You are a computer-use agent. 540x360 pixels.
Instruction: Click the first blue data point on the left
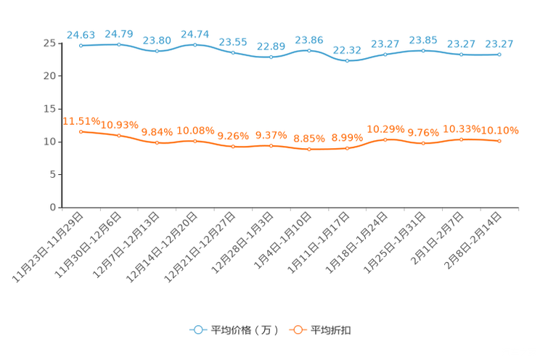[81, 46]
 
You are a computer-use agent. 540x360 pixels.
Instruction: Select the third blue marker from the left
[157, 52]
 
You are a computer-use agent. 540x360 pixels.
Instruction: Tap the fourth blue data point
[195, 45]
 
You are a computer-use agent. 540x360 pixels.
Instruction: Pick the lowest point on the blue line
[347, 61]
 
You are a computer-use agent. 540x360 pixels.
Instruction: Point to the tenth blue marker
[423, 50]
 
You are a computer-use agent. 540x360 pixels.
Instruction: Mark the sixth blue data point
[271, 57]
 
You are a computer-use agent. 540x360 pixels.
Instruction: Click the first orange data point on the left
[81, 131]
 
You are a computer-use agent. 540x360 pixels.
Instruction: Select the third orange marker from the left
[157, 143]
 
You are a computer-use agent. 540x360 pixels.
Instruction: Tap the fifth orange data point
[233, 147]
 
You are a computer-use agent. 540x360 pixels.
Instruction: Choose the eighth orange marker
[347, 149]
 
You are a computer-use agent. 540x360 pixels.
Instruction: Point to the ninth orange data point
[385, 139]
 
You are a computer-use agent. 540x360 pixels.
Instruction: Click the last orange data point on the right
[499, 142]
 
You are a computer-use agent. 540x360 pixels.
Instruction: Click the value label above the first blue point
[81, 34]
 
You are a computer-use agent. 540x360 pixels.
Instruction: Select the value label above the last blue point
[499, 44]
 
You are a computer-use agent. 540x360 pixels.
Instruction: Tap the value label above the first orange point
[81, 121]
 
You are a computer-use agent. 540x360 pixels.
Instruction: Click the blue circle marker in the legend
[197, 330]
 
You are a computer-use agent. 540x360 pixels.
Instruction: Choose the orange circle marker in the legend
[296, 330]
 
